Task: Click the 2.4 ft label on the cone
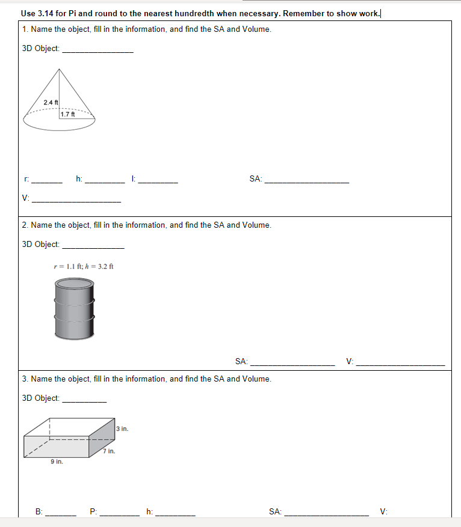click(51, 102)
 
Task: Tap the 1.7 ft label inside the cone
click(69, 114)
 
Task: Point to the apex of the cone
click(58, 69)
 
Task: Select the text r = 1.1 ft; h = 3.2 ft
click(84, 267)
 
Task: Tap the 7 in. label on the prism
click(109, 451)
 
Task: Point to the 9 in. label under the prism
click(57, 462)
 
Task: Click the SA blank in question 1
click(306, 179)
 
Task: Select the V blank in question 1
click(76, 198)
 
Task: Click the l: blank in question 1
click(158, 179)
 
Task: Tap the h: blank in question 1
click(104, 179)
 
